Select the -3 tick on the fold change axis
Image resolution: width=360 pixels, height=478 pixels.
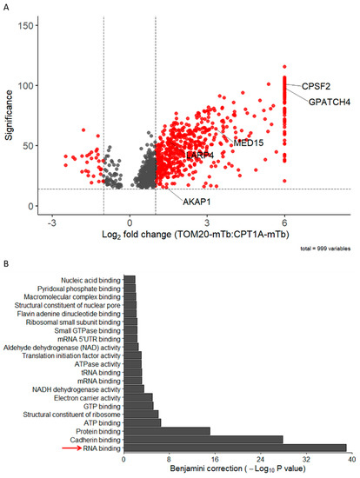52,222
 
